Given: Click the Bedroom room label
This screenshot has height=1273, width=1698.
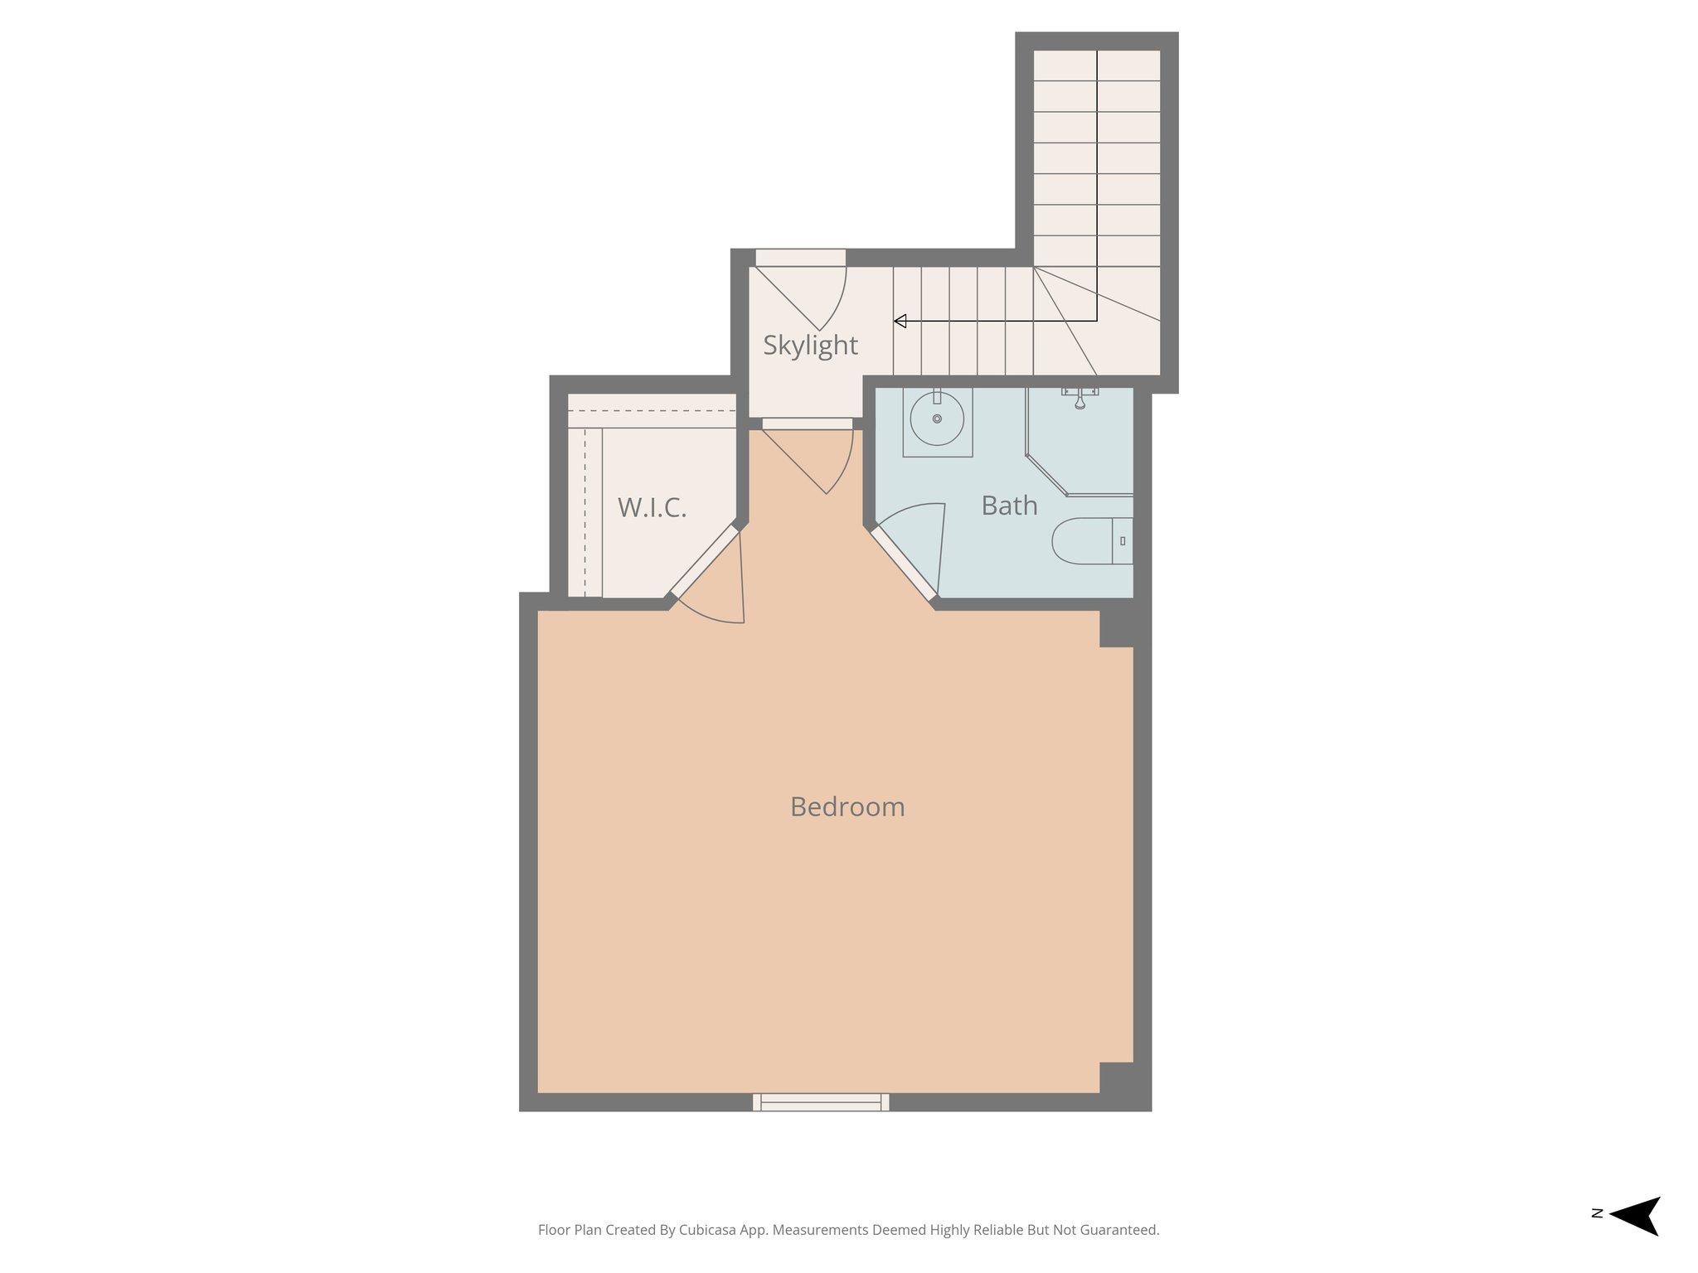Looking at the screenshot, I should tap(847, 806).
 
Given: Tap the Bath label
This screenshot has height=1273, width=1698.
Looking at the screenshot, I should tap(1009, 506).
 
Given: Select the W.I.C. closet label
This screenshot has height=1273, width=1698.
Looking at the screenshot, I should tap(652, 507).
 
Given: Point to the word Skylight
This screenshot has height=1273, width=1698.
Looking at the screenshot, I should tap(810, 345).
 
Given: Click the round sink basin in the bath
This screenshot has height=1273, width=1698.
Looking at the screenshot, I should tap(937, 419).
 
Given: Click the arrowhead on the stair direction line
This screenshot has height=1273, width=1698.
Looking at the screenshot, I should tap(900, 322).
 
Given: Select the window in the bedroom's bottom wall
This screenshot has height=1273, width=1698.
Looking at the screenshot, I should tap(821, 1101).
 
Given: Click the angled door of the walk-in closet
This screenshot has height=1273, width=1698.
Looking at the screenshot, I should tap(704, 561).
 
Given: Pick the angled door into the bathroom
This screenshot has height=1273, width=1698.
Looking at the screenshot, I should tap(903, 563).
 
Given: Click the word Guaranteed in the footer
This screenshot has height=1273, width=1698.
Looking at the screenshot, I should tap(1120, 1230).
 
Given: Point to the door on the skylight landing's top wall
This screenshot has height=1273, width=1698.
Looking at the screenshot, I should tap(800, 259).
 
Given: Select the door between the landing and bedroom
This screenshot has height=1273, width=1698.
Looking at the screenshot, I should tap(808, 424).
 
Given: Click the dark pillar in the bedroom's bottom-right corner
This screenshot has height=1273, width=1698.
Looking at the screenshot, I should tap(1116, 1078).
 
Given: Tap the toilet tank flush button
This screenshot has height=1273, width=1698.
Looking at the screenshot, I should tap(1123, 541).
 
